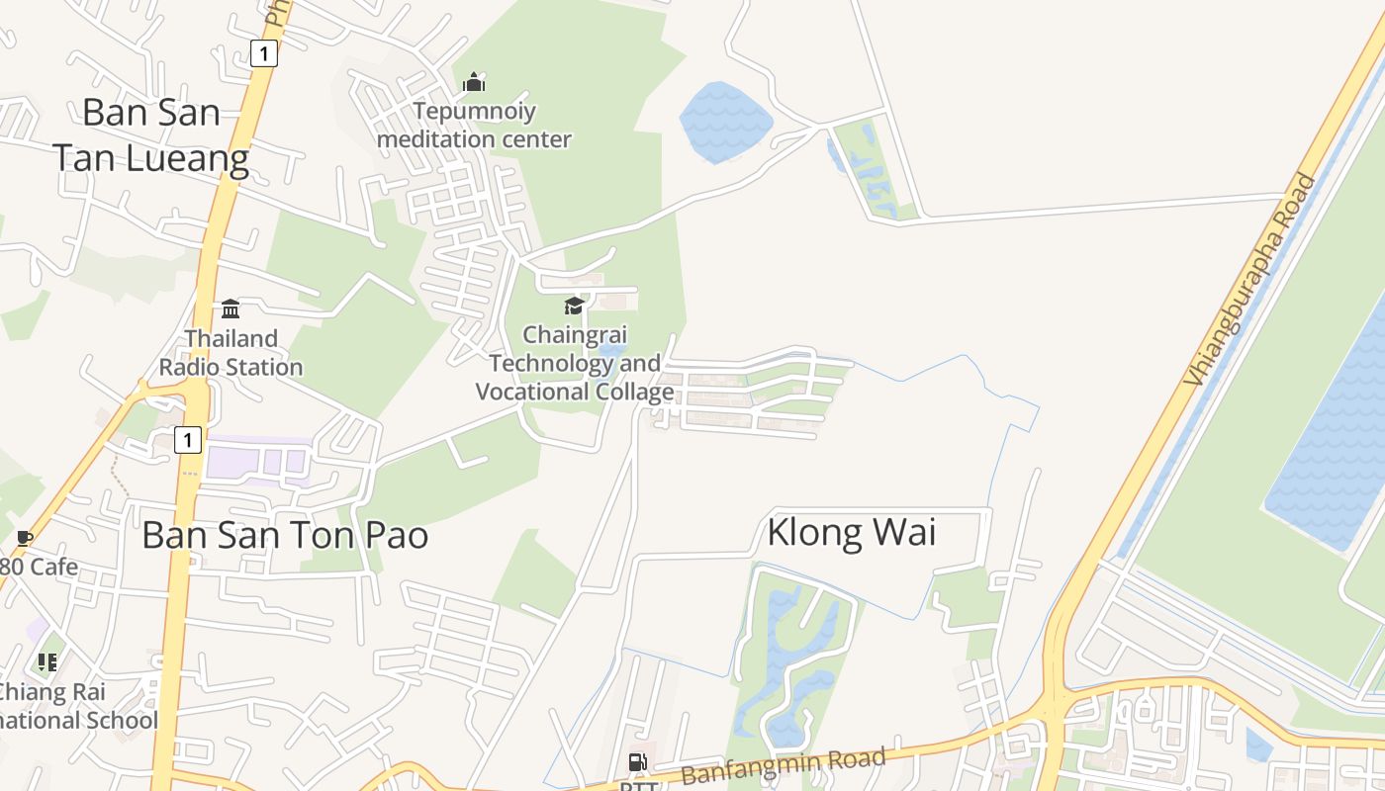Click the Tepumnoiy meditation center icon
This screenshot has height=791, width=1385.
pos(475,82)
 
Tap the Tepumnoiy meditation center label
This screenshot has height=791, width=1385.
pos(475,125)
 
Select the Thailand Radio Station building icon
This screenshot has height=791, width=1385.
pos(231,308)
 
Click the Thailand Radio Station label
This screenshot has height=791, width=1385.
pos(231,353)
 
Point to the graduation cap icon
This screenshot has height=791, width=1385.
pos(574,306)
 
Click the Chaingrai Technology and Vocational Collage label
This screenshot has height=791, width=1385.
pos(575,364)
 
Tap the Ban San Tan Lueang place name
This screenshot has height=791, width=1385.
pos(150,134)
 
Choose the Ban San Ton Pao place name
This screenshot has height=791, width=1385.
pos(285,535)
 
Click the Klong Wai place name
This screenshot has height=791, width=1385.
pos(852,533)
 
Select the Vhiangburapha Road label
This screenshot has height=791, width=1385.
pos(1251,280)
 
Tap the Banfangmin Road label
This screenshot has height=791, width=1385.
pos(784,765)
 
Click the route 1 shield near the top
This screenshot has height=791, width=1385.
pos(263,53)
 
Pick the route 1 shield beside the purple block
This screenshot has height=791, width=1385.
pos(188,439)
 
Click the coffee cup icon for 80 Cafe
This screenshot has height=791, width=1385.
pos(25,538)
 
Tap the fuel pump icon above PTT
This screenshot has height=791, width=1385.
pos(638,762)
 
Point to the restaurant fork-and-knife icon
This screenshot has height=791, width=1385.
pos(46,661)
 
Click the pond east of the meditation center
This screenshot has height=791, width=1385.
pos(725,121)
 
